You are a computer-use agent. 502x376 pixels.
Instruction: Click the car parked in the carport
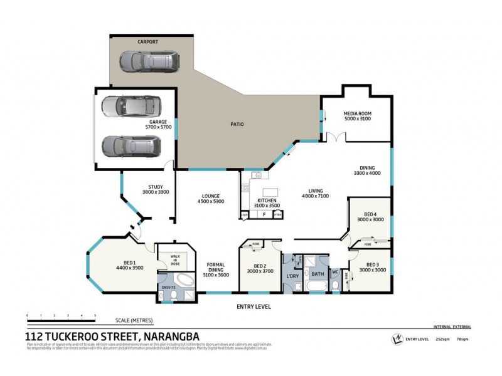pyautogui.click(x=149, y=61)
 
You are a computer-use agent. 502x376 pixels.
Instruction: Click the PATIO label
pyautogui.click(x=236, y=124)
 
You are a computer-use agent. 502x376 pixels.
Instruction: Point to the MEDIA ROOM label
pyautogui.click(x=358, y=114)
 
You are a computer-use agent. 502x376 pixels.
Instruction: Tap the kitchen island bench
pyautogui.click(x=270, y=191)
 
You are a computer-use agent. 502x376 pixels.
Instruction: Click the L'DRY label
pyautogui.click(x=291, y=276)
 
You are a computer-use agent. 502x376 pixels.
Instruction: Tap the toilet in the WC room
pyautogui.click(x=335, y=285)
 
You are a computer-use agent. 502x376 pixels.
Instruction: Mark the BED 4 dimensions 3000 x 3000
pyautogui.click(x=370, y=220)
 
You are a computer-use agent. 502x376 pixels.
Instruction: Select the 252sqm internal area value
pyautogui.click(x=441, y=339)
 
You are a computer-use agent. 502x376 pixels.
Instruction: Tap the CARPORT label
pyautogui.click(x=148, y=41)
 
